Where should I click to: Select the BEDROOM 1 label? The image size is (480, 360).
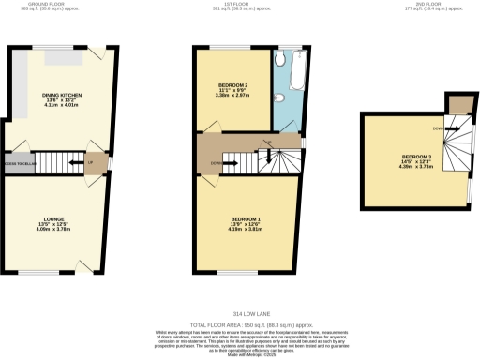[x=246, y=219]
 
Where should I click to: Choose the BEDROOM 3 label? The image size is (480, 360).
[x=417, y=156]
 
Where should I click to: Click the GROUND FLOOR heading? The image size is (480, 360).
[x=31, y=4]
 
